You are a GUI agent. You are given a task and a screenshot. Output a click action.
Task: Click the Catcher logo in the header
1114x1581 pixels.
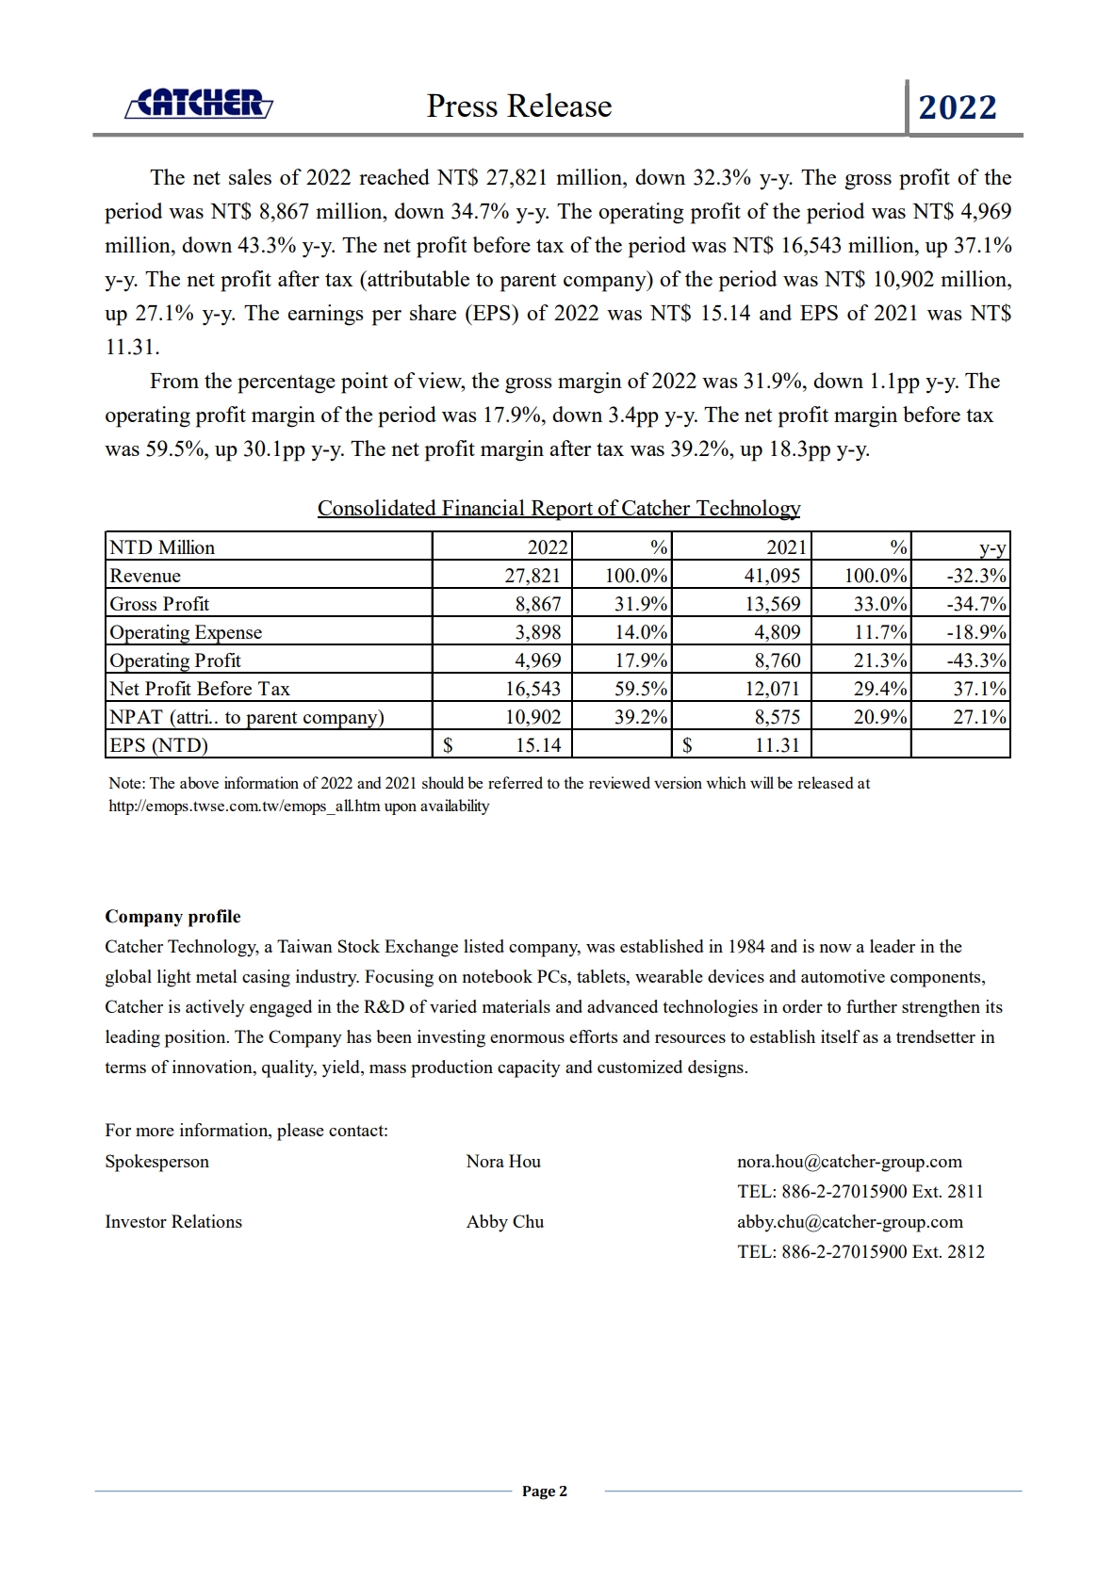[x=199, y=104]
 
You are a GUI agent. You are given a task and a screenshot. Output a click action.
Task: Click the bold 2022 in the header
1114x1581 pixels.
[x=958, y=107]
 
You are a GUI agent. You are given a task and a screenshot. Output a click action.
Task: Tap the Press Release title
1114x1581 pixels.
[x=518, y=106]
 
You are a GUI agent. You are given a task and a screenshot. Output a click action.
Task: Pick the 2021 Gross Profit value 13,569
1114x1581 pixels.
[x=772, y=604]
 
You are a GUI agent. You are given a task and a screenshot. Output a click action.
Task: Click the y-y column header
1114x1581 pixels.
[x=992, y=548]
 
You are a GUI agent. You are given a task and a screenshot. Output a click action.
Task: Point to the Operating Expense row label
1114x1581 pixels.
[x=186, y=632]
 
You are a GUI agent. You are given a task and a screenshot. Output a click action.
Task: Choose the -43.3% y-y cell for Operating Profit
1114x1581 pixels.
[x=976, y=660]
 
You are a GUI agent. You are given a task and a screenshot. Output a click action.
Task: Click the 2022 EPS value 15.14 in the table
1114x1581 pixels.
[x=538, y=745]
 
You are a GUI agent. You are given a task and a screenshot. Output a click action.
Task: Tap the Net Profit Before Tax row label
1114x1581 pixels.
[x=200, y=689]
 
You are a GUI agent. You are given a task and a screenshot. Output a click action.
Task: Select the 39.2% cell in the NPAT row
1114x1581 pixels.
[x=641, y=717]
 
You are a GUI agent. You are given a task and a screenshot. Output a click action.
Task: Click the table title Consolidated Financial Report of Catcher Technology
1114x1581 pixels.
[x=559, y=509]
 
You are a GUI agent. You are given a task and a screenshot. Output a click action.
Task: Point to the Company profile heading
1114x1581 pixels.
[x=172, y=917]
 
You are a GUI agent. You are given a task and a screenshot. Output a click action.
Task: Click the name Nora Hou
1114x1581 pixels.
[x=503, y=1162]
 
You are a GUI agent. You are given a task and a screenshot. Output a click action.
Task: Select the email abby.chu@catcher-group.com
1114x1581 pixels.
[x=850, y=1222]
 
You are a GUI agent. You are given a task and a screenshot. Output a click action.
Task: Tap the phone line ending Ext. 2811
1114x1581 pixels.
[x=860, y=1192]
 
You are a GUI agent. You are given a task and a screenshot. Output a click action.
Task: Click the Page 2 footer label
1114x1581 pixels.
[x=545, y=1491]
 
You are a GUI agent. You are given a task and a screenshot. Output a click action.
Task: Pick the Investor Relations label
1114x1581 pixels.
[x=173, y=1222]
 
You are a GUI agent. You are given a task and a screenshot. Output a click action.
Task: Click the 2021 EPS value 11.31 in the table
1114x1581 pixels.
[x=778, y=745]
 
